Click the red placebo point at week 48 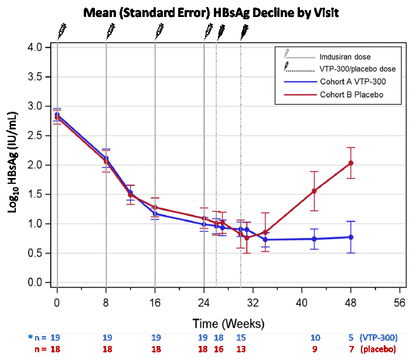pyautogui.click(x=351, y=163)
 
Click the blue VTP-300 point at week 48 pyautogui.click(x=351, y=237)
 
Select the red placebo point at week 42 pyautogui.click(x=314, y=191)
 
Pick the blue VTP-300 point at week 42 pyautogui.click(x=314, y=239)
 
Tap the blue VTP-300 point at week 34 pyautogui.click(x=265, y=239)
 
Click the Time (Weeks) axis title pyautogui.click(x=229, y=323)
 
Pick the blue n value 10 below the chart pyautogui.click(x=315, y=338)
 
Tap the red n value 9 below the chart pyautogui.click(x=315, y=349)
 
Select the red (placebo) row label pyautogui.click(x=378, y=349)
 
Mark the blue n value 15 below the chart pyautogui.click(x=241, y=338)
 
